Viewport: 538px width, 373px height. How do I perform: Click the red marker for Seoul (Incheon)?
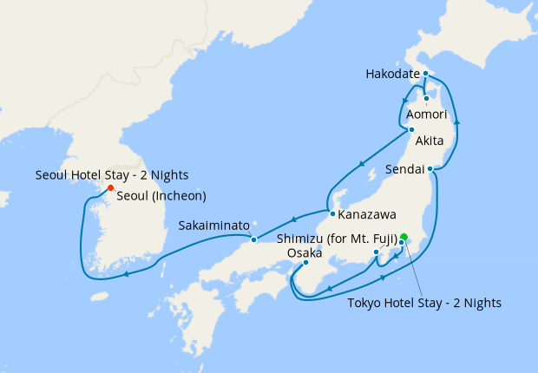[x=110, y=187]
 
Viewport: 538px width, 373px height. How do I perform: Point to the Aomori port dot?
[x=427, y=98]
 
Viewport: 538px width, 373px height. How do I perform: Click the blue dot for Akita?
[x=411, y=130]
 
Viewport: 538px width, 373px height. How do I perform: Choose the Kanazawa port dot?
[x=331, y=213]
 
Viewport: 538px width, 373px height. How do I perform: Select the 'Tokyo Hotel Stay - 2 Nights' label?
[x=423, y=303]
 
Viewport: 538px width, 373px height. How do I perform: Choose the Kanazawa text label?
[x=367, y=214]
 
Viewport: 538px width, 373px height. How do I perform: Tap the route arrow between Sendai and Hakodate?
[x=456, y=123]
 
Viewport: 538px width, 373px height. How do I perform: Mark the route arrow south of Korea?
[x=127, y=276]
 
